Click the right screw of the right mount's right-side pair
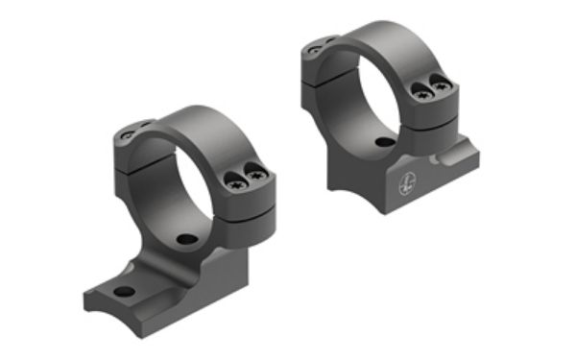coord(441,87)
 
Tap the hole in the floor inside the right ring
coord(383,143)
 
